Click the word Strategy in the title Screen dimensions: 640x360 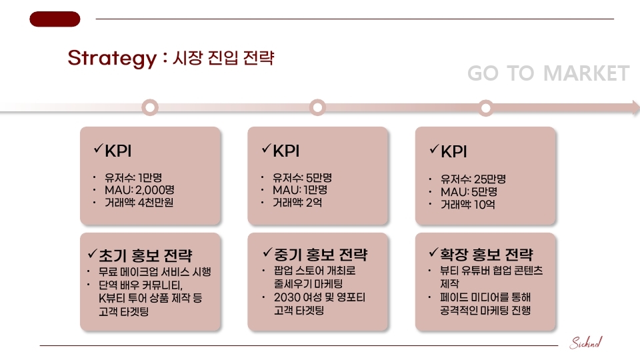point(112,58)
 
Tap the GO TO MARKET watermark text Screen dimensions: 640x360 point(548,73)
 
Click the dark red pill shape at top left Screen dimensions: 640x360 point(55,19)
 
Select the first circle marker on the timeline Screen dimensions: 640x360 point(150,107)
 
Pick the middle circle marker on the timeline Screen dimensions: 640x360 point(317,107)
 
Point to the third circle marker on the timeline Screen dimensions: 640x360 point(486,108)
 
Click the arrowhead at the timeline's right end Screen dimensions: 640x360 point(635,107)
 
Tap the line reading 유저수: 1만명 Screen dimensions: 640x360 point(133,177)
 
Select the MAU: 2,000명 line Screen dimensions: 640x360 point(139,190)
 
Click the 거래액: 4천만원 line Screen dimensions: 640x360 point(139,202)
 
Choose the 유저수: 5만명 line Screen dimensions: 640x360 point(302,177)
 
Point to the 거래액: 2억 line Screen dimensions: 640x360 point(297,202)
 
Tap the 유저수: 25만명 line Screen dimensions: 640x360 point(473,179)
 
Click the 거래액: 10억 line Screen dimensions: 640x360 point(468,204)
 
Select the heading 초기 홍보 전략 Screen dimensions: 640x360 point(145,255)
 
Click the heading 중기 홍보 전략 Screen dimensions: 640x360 point(321,255)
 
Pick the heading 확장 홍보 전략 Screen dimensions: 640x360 point(486,255)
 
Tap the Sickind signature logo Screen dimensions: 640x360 point(586,343)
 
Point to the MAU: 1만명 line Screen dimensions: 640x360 point(300,190)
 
